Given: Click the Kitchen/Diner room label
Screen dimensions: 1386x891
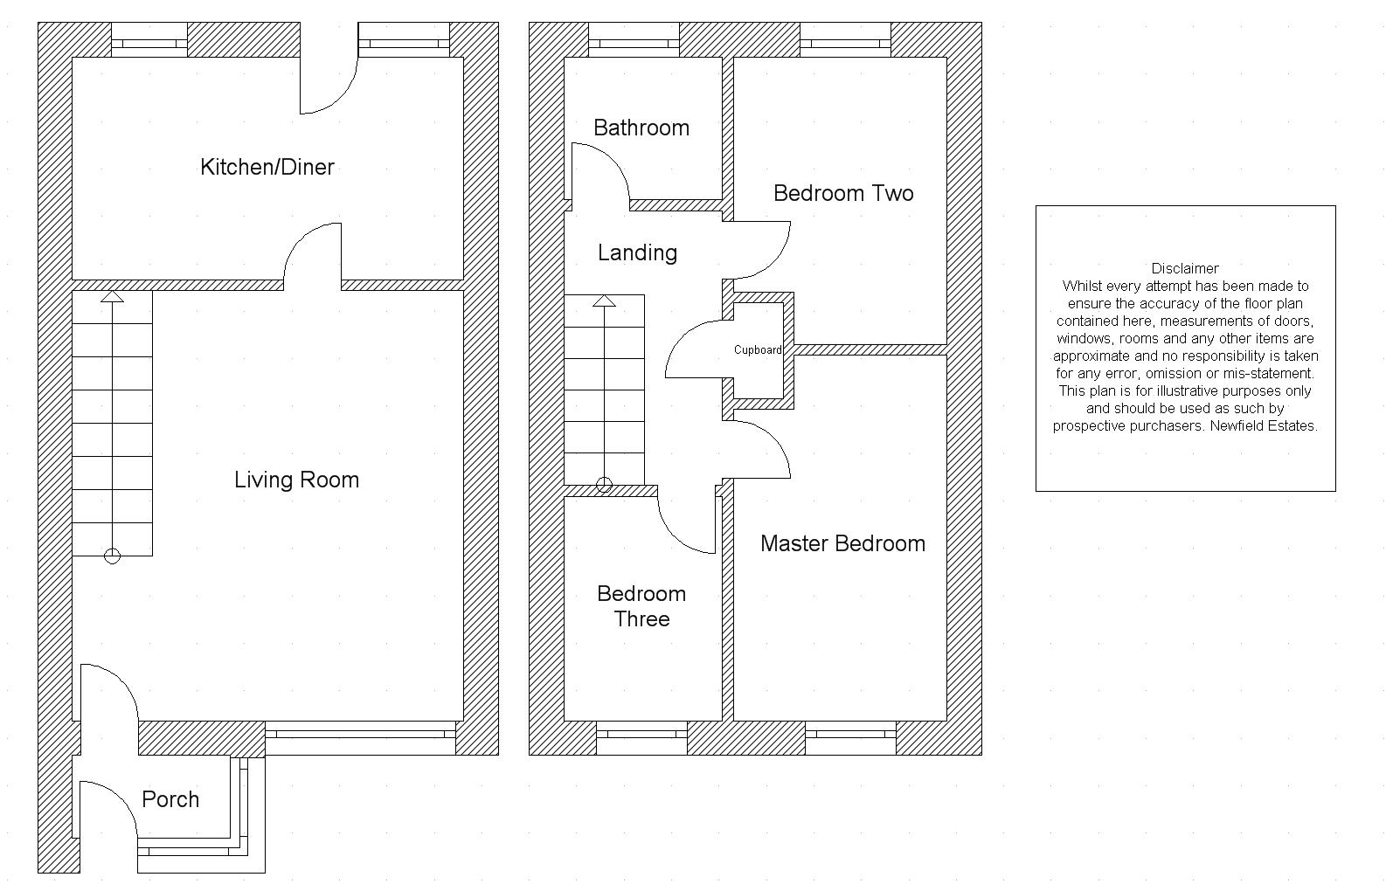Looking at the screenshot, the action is [x=267, y=167].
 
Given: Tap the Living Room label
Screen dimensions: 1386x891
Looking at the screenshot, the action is [x=296, y=480].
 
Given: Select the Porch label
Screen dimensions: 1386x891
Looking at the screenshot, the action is [x=170, y=799].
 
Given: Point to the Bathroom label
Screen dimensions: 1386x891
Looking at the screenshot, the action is [x=641, y=128].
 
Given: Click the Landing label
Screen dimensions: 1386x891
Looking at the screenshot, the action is [x=637, y=253].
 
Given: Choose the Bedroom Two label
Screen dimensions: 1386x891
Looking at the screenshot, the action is [x=843, y=194].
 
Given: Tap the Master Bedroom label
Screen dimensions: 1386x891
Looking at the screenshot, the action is [x=842, y=543].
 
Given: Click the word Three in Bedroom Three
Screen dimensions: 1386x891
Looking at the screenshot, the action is [x=641, y=619].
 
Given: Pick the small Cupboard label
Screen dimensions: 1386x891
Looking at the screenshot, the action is [x=758, y=350].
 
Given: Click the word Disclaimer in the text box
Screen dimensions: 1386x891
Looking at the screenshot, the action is [x=1185, y=268].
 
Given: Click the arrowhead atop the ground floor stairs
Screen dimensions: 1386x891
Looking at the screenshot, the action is [x=112, y=296].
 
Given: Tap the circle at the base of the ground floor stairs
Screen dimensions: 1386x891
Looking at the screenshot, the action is [x=112, y=556].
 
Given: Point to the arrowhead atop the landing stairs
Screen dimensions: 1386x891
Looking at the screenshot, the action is [x=604, y=300].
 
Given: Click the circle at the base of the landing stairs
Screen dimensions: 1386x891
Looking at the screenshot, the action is [x=604, y=486].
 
